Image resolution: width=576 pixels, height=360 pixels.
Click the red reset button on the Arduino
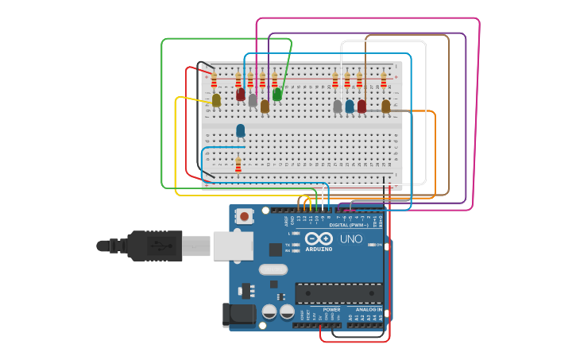(x=245, y=215)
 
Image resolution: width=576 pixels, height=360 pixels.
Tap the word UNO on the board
(x=351, y=239)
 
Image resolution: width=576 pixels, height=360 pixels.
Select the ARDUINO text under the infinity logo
(x=319, y=249)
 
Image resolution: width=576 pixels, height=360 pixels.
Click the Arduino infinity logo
(x=319, y=238)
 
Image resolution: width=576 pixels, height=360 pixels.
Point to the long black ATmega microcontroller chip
(x=338, y=293)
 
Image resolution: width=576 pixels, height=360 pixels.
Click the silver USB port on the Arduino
(x=233, y=246)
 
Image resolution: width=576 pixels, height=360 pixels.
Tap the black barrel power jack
(x=238, y=315)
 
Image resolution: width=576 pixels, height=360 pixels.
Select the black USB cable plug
(x=155, y=246)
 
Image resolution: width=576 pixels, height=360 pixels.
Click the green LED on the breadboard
(x=277, y=95)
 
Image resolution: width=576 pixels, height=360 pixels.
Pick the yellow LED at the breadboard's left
(x=216, y=100)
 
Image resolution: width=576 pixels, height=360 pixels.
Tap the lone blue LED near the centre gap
(x=240, y=130)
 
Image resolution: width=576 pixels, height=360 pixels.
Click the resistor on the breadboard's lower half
(x=238, y=165)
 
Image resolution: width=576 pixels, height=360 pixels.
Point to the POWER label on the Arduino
(x=331, y=309)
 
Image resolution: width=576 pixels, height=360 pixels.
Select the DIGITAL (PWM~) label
(x=347, y=225)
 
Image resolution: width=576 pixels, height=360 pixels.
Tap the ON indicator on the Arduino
(x=378, y=245)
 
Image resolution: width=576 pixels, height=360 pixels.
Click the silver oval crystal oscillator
(x=273, y=269)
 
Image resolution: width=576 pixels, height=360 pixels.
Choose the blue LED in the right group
(x=350, y=106)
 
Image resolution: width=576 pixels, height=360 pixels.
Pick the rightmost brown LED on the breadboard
(x=386, y=106)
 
